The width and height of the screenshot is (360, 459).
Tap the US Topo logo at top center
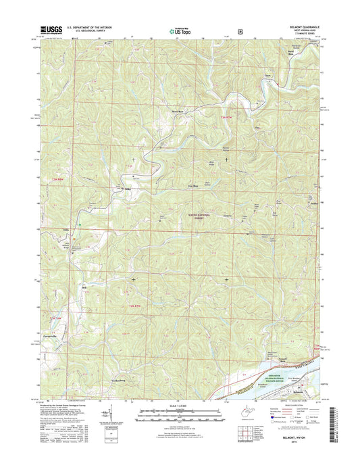click(179, 30)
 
